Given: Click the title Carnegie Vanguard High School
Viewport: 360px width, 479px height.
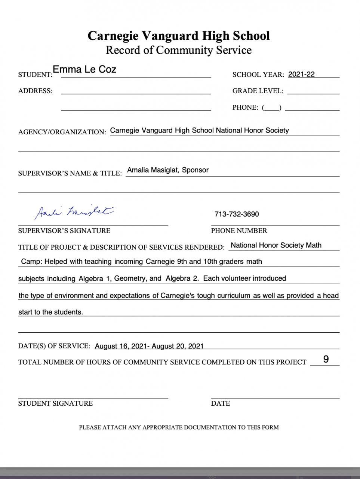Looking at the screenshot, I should click(179, 36).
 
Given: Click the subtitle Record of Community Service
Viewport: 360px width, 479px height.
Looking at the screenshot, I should click(179, 50).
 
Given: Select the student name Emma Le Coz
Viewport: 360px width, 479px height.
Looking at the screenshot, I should click(84, 69).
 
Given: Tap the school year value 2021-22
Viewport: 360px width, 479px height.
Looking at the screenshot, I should click(301, 74).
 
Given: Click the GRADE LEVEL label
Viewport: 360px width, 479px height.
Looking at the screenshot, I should click(258, 91).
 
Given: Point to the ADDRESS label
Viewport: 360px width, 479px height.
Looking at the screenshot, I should click(35, 91).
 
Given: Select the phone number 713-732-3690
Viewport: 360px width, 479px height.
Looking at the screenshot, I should click(237, 214).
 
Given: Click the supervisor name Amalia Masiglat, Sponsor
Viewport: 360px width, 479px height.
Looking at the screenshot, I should click(168, 170).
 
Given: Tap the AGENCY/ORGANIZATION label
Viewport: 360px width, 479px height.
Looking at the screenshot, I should click(62, 132).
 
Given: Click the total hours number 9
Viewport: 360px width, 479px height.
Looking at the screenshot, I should click(326, 360).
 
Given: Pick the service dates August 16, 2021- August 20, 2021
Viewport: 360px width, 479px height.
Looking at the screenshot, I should click(149, 346).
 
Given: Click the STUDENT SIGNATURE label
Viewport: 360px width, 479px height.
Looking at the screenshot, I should click(55, 403).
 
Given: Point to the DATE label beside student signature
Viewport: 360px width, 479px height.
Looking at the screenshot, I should click(221, 403).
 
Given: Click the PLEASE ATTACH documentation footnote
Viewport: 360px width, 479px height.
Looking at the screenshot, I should click(179, 427).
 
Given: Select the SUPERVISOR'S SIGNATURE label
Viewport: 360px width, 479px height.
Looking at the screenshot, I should click(64, 231).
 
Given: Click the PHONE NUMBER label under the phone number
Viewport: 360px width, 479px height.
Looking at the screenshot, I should click(239, 231).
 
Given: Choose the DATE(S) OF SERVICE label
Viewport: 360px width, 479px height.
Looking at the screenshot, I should click(54, 346).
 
